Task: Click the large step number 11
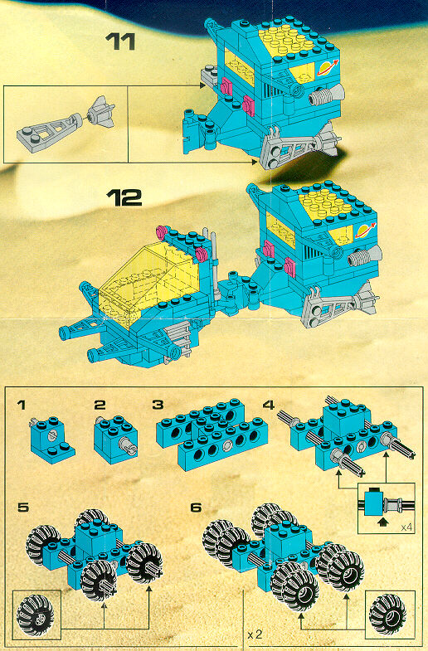(x=120, y=41)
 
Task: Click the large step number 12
(x=124, y=197)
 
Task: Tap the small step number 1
(x=22, y=405)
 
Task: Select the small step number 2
(x=100, y=405)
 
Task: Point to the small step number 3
(x=158, y=405)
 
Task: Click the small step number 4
(x=269, y=405)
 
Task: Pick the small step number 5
(x=23, y=508)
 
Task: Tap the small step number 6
(x=196, y=508)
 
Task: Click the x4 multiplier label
(x=406, y=527)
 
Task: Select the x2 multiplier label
(x=255, y=634)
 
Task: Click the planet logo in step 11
(x=328, y=68)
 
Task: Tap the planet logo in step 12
(x=365, y=230)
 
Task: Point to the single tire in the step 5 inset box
(x=35, y=615)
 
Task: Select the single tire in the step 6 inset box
(x=387, y=614)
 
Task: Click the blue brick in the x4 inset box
(x=372, y=503)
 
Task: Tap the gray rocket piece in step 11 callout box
(x=101, y=112)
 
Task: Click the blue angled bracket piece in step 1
(x=52, y=440)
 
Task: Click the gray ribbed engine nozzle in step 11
(x=327, y=95)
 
